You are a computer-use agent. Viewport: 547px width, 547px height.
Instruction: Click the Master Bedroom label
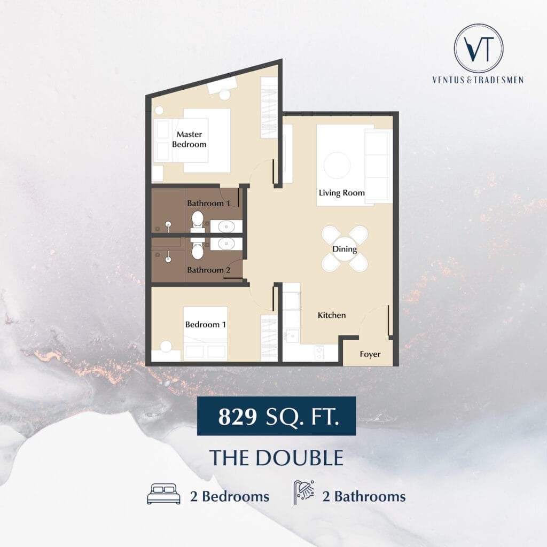tap(189, 139)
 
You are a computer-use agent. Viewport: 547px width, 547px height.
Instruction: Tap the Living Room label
tap(341, 193)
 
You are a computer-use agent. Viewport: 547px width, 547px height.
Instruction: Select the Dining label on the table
tap(345, 249)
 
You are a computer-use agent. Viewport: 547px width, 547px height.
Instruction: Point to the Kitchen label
tap(332, 315)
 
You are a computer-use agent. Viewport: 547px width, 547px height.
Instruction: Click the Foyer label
tap(370, 355)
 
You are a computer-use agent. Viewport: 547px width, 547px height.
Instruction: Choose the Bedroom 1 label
tap(206, 324)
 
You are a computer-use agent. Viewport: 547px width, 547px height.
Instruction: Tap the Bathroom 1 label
tap(209, 203)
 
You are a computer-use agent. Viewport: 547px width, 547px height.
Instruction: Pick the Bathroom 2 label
tap(209, 270)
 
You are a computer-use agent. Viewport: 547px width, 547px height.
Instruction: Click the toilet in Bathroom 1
tap(198, 222)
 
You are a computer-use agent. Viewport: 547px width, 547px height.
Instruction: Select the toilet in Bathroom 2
tap(198, 248)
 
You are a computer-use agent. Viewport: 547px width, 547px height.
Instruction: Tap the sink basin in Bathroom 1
tap(226, 226)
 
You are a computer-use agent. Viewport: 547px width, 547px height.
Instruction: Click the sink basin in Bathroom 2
tap(226, 244)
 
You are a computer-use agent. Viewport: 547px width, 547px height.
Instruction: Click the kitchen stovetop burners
tap(319, 353)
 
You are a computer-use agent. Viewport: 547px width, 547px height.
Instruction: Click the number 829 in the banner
tap(238, 416)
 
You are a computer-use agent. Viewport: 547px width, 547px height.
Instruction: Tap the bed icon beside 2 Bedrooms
tap(164, 494)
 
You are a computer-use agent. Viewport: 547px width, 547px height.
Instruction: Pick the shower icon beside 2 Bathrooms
tap(304, 492)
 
